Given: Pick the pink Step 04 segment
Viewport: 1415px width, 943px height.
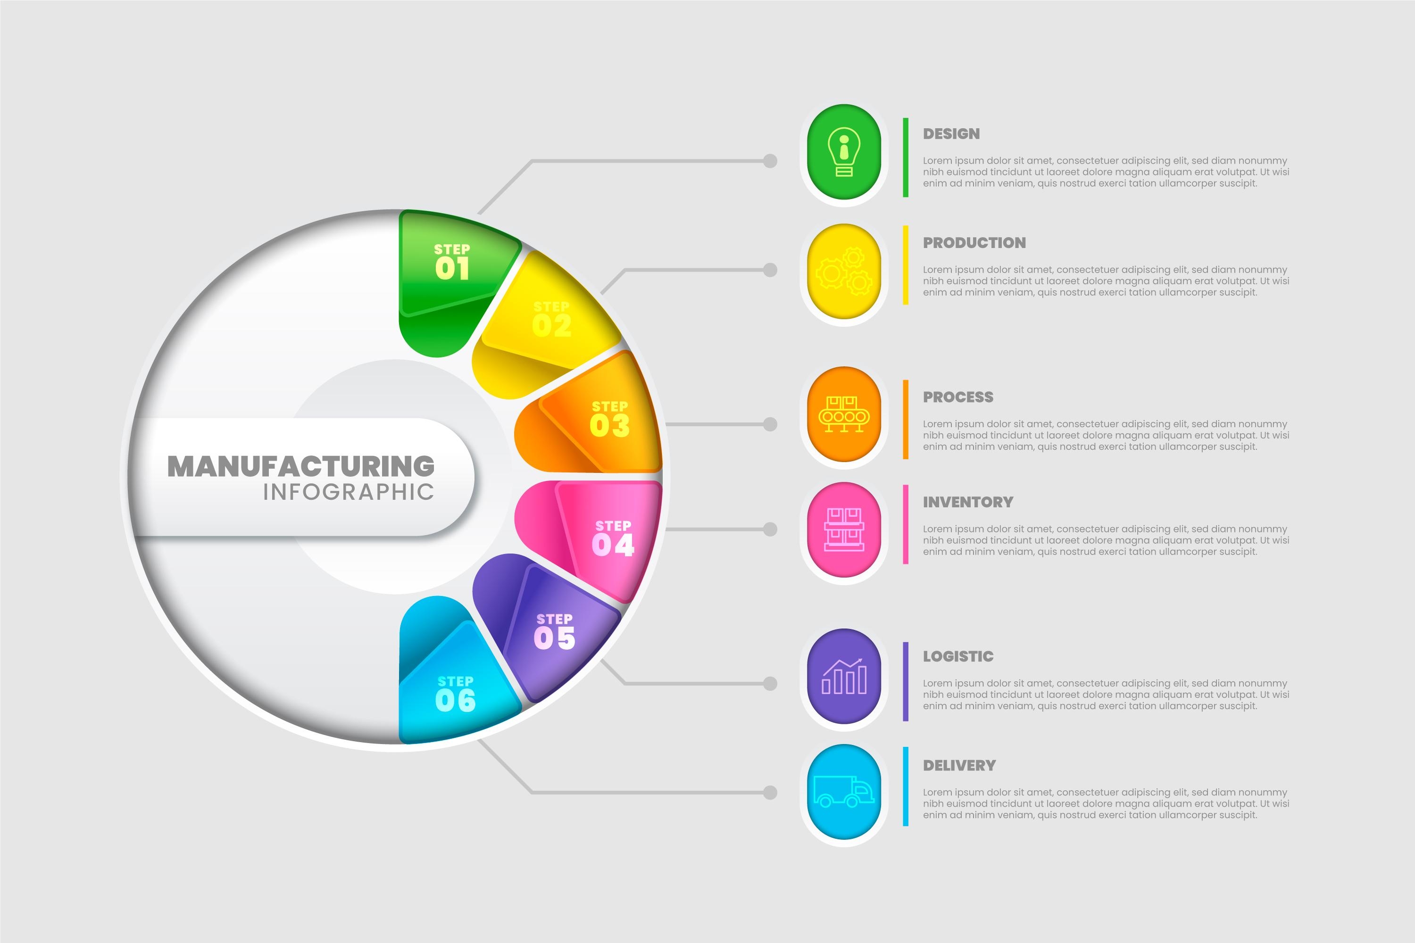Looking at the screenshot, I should click(611, 538).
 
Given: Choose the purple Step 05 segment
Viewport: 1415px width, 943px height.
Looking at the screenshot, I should click(553, 631).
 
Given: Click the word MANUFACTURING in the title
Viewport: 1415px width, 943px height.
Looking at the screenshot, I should click(301, 466).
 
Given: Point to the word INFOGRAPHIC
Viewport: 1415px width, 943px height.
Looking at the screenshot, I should click(349, 492).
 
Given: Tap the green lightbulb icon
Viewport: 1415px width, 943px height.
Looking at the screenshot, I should click(844, 151).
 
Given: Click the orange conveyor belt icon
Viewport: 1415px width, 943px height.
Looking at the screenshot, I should click(844, 414).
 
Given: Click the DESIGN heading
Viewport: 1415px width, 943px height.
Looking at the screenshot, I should click(951, 133).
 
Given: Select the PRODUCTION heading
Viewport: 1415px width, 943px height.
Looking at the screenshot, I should click(974, 243).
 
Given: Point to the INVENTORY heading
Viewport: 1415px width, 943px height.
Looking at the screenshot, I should click(967, 502).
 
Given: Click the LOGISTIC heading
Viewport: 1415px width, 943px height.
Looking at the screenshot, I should click(958, 656).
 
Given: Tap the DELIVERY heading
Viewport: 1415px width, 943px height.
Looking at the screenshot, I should click(959, 766).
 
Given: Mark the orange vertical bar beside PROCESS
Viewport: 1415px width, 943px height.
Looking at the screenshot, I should click(906, 419).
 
